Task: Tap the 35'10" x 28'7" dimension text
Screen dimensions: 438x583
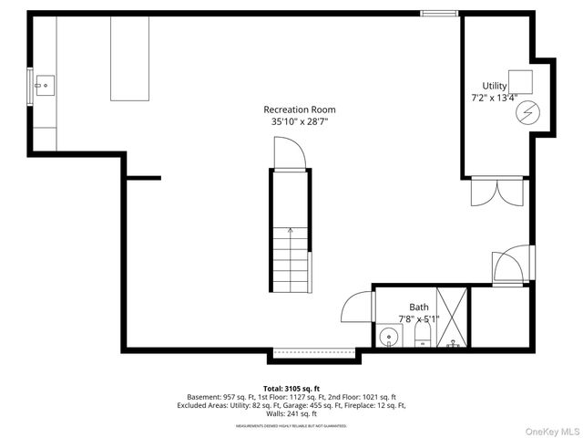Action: [x=298, y=121]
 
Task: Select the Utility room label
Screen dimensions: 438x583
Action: [x=495, y=86]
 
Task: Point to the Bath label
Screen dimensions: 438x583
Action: [x=418, y=308]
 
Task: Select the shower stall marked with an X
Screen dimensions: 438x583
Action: [x=452, y=318]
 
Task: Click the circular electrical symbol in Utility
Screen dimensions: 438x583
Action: [x=526, y=112]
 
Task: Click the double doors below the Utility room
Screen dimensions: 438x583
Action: [x=496, y=192]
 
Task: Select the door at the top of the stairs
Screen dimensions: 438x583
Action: [x=291, y=152]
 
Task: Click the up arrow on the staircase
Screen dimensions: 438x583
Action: [x=291, y=232]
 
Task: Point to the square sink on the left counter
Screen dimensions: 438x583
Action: [x=42, y=86]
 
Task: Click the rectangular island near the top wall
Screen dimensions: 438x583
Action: [x=128, y=58]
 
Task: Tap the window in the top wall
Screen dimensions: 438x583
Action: [x=437, y=13]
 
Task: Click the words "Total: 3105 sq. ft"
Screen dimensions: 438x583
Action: [x=291, y=389]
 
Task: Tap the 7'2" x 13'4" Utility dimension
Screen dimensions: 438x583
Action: [x=495, y=97]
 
